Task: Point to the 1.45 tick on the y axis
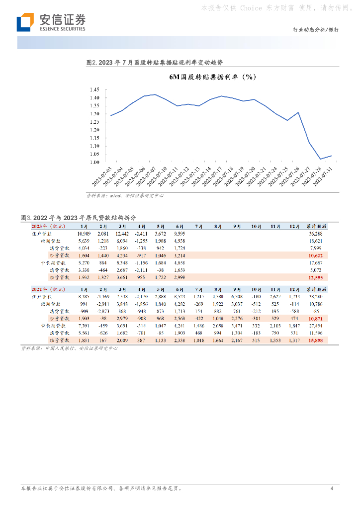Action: [x=94, y=89]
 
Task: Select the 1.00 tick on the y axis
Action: [x=94, y=162]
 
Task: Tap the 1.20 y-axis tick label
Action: [x=94, y=130]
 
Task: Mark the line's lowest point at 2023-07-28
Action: [x=320, y=159]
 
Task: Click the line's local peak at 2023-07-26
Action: [x=298, y=112]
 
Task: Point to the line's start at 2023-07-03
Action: [x=111, y=115]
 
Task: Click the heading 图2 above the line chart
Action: [x=154, y=63]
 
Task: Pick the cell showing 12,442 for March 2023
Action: [x=122, y=233]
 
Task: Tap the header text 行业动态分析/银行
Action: [x=316, y=30]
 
